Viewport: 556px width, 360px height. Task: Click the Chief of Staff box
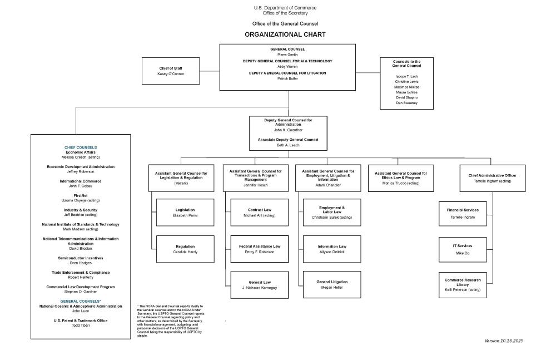(171, 71)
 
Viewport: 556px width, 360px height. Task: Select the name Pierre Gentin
(287, 55)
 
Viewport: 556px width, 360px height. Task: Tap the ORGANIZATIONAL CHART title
(287, 34)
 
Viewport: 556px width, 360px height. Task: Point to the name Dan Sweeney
(407, 103)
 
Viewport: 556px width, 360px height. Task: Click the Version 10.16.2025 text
(504, 341)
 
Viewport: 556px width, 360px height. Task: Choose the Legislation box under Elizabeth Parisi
(185, 212)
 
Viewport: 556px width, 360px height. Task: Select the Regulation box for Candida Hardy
(185, 249)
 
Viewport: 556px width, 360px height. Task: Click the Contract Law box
(260, 212)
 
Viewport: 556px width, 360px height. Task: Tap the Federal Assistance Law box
(260, 249)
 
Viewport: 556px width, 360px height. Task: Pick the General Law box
(260, 285)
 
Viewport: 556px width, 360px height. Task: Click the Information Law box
(332, 249)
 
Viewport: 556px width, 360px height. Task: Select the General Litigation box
(332, 285)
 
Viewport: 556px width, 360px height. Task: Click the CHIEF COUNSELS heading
(81, 147)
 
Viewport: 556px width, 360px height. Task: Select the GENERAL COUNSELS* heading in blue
(81, 301)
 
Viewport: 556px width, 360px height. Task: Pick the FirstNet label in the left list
(81, 196)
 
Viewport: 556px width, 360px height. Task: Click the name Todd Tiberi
(81, 326)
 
